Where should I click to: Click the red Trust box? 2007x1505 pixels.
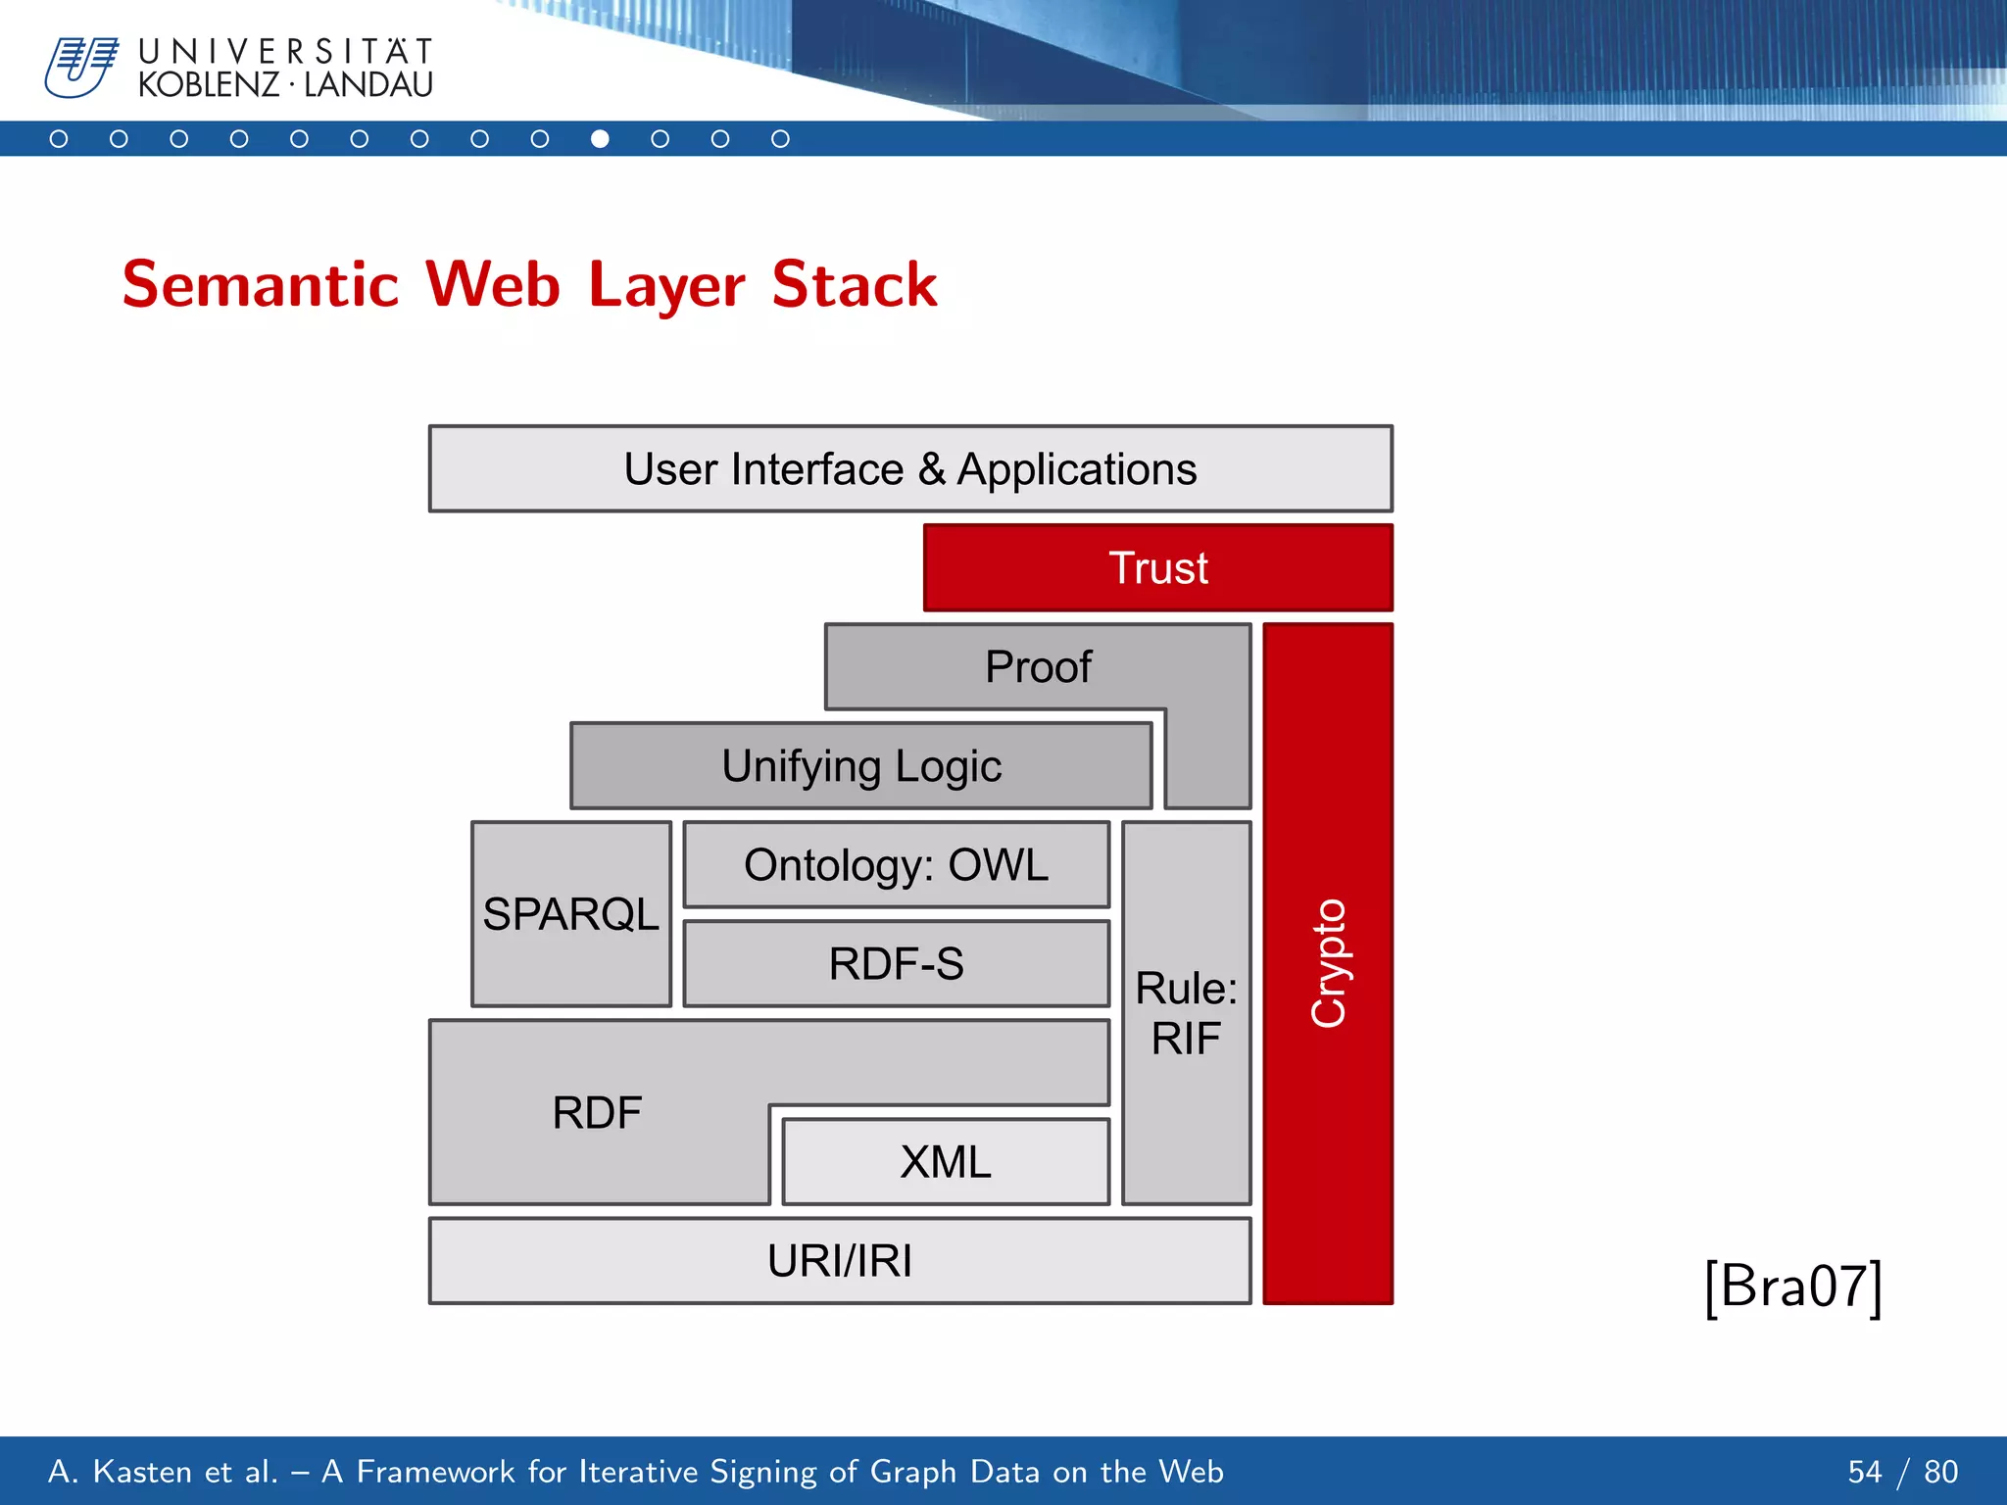(1157, 568)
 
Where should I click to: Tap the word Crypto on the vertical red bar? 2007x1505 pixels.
(1329, 963)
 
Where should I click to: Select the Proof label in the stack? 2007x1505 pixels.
(1038, 667)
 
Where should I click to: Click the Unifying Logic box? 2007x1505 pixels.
(860, 766)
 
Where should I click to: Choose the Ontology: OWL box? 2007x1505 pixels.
(896, 865)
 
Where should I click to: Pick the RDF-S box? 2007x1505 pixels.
(896, 964)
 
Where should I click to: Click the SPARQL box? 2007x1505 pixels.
(570, 914)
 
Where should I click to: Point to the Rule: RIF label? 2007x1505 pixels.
(1186, 1013)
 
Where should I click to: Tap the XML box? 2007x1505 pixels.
(946, 1162)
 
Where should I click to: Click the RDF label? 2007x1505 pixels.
(597, 1113)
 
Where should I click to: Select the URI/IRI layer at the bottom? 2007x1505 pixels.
(840, 1261)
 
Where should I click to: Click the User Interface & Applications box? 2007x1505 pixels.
(910, 469)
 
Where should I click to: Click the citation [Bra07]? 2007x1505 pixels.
(1792, 1287)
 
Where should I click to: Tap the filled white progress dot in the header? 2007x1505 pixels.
(600, 139)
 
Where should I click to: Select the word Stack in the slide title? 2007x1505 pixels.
(854, 285)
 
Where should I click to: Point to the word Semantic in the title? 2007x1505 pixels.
(260, 285)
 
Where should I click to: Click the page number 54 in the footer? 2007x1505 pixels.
(1864, 1472)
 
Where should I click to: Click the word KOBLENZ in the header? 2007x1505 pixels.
(209, 85)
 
